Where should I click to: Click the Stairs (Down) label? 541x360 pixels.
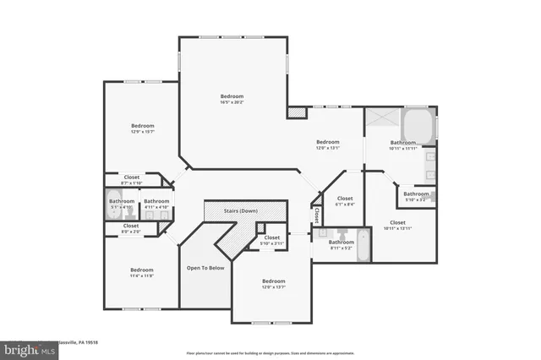pyautogui.click(x=241, y=210)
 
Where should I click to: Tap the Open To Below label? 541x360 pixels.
pyautogui.click(x=205, y=267)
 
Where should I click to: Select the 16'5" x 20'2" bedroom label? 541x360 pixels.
pyautogui.click(x=232, y=99)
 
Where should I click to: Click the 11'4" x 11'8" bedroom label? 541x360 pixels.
pyautogui.click(x=141, y=272)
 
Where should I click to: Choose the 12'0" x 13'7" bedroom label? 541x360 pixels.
pyautogui.click(x=273, y=283)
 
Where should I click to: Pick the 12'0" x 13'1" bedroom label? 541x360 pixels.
pyautogui.click(x=327, y=145)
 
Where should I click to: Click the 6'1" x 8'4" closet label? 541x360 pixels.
pyautogui.click(x=345, y=201)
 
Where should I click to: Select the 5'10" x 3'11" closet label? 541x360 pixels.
pyautogui.click(x=271, y=240)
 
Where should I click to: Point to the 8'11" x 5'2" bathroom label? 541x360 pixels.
pyautogui.click(x=342, y=245)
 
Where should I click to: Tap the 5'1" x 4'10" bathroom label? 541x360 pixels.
pyautogui.click(x=122, y=204)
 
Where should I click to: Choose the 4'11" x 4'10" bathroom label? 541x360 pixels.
pyautogui.click(x=156, y=204)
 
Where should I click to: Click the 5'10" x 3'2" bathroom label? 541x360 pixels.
pyautogui.click(x=416, y=196)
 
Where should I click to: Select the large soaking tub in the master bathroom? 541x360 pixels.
pyautogui.click(x=418, y=127)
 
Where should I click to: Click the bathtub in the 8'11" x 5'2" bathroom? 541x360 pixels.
pyautogui.click(x=362, y=245)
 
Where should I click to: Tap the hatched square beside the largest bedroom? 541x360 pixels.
pyautogui.click(x=296, y=112)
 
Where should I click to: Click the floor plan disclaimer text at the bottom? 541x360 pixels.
pyautogui.click(x=270, y=352)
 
